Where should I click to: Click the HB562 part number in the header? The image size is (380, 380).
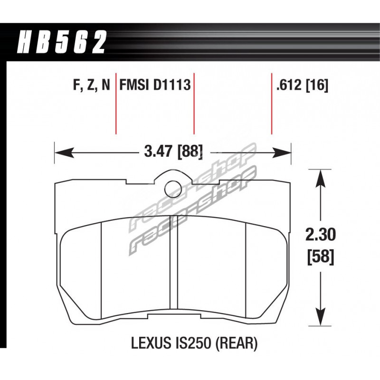point(62,42)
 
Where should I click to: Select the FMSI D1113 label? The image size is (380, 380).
point(155,85)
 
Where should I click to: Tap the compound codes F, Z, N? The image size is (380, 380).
point(92,85)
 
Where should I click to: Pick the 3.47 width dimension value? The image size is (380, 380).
point(160,152)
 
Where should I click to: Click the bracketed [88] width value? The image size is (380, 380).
point(190,152)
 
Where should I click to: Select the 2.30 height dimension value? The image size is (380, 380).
point(320,235)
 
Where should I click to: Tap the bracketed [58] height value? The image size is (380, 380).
point(320,256)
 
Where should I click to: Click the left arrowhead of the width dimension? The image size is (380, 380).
point(65,152)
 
